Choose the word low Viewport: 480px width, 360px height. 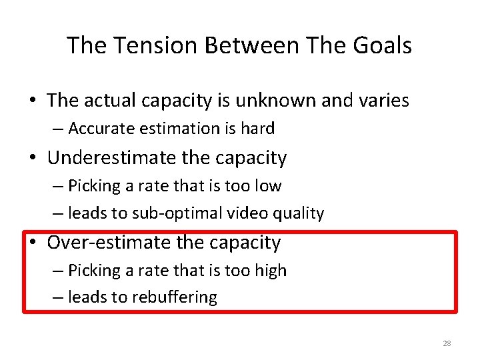(267, 186)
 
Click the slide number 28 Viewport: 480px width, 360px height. (446, 343)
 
